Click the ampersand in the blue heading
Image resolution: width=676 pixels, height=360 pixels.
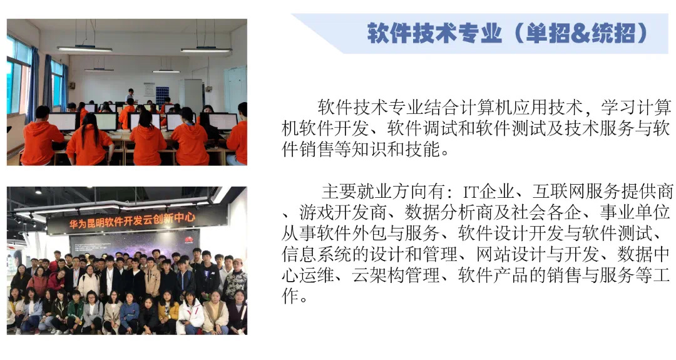pos(580,33)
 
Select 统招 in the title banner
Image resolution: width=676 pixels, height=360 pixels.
pos(613,33)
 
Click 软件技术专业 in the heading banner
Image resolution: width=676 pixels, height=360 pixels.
pos(434,33)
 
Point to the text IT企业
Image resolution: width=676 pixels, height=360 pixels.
pos(488,191)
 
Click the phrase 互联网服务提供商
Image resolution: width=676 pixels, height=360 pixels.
pos(603,191)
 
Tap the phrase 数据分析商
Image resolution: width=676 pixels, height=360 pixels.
pos(448,212)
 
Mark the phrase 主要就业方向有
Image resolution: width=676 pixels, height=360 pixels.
pos(382,191)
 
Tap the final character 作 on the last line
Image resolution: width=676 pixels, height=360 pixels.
pos(290,296)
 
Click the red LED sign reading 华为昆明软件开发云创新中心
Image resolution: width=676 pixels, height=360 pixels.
pos(131,221)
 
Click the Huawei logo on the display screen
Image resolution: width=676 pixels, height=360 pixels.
pos(189,240)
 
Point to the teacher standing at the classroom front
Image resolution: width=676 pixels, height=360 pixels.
pos(130,96)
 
